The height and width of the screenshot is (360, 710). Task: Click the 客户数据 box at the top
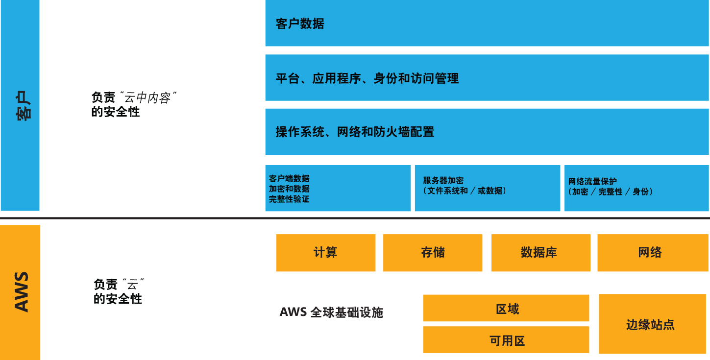(487, 24)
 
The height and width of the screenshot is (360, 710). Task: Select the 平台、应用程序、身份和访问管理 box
(487, 78)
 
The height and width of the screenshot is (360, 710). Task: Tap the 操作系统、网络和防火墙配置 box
(487, 132)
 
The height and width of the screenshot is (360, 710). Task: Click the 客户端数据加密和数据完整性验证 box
(338, 189)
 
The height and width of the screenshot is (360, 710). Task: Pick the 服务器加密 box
(487, 188)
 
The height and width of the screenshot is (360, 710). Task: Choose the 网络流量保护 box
(636, 188)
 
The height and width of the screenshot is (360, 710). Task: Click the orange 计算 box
(326, 253)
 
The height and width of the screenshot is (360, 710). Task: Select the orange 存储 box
(433, 253)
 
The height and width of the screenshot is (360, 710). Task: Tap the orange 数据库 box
(540, 253)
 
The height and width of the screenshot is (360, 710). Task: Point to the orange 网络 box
(650, 253)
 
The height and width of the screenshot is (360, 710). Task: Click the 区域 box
(506, 309)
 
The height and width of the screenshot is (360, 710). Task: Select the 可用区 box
(506, 340)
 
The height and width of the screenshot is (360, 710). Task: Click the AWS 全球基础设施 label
(331, 312)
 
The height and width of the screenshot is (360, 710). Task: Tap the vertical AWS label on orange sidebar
(21, 292)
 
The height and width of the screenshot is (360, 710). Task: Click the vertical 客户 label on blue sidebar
(21, 106)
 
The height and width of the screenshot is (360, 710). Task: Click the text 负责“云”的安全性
(118, 291)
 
